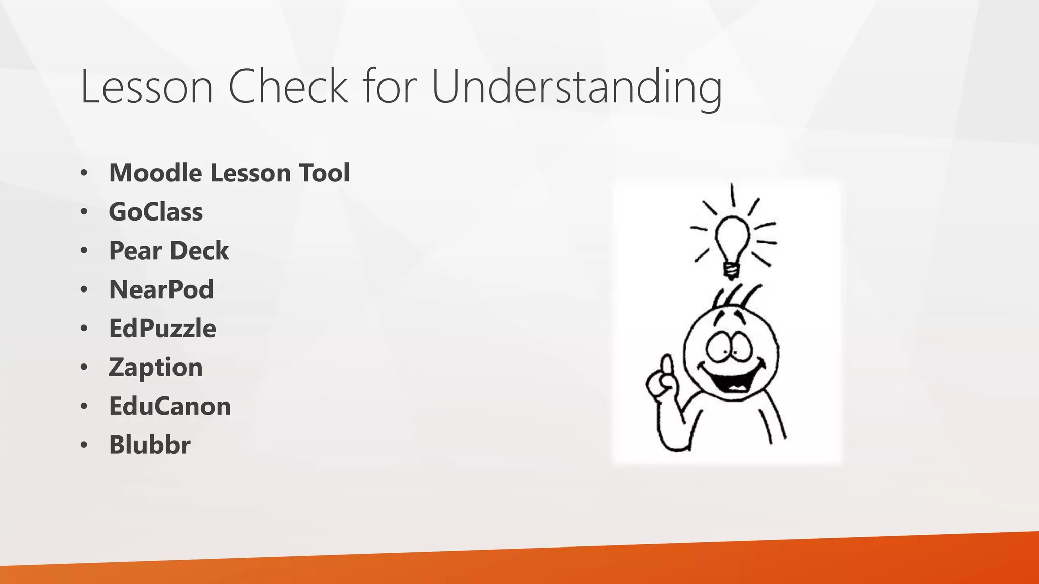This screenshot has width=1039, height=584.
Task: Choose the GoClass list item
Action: [x=156, y=212]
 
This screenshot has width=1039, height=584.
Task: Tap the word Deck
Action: [x=199, y=251]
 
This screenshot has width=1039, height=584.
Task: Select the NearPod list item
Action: [x=161, y=289]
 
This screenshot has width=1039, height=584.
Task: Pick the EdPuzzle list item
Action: [x=162, y=328]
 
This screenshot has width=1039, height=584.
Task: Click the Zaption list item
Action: [x=156, y=368]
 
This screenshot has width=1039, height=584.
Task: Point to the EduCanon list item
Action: [x=170, y=406]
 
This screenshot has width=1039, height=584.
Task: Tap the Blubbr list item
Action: [x=150, y=445]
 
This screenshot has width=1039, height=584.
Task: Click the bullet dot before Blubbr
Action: [x=84, y=445]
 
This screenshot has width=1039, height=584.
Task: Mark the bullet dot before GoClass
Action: [x=84, y=212]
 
